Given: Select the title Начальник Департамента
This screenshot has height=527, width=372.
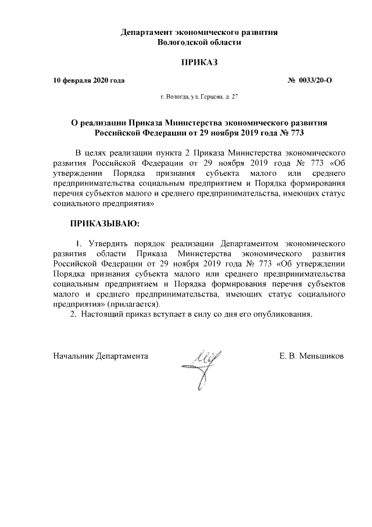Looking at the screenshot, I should click(x=100, y=355).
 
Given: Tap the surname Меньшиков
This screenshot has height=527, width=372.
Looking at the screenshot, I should click(x=321, y=355).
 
